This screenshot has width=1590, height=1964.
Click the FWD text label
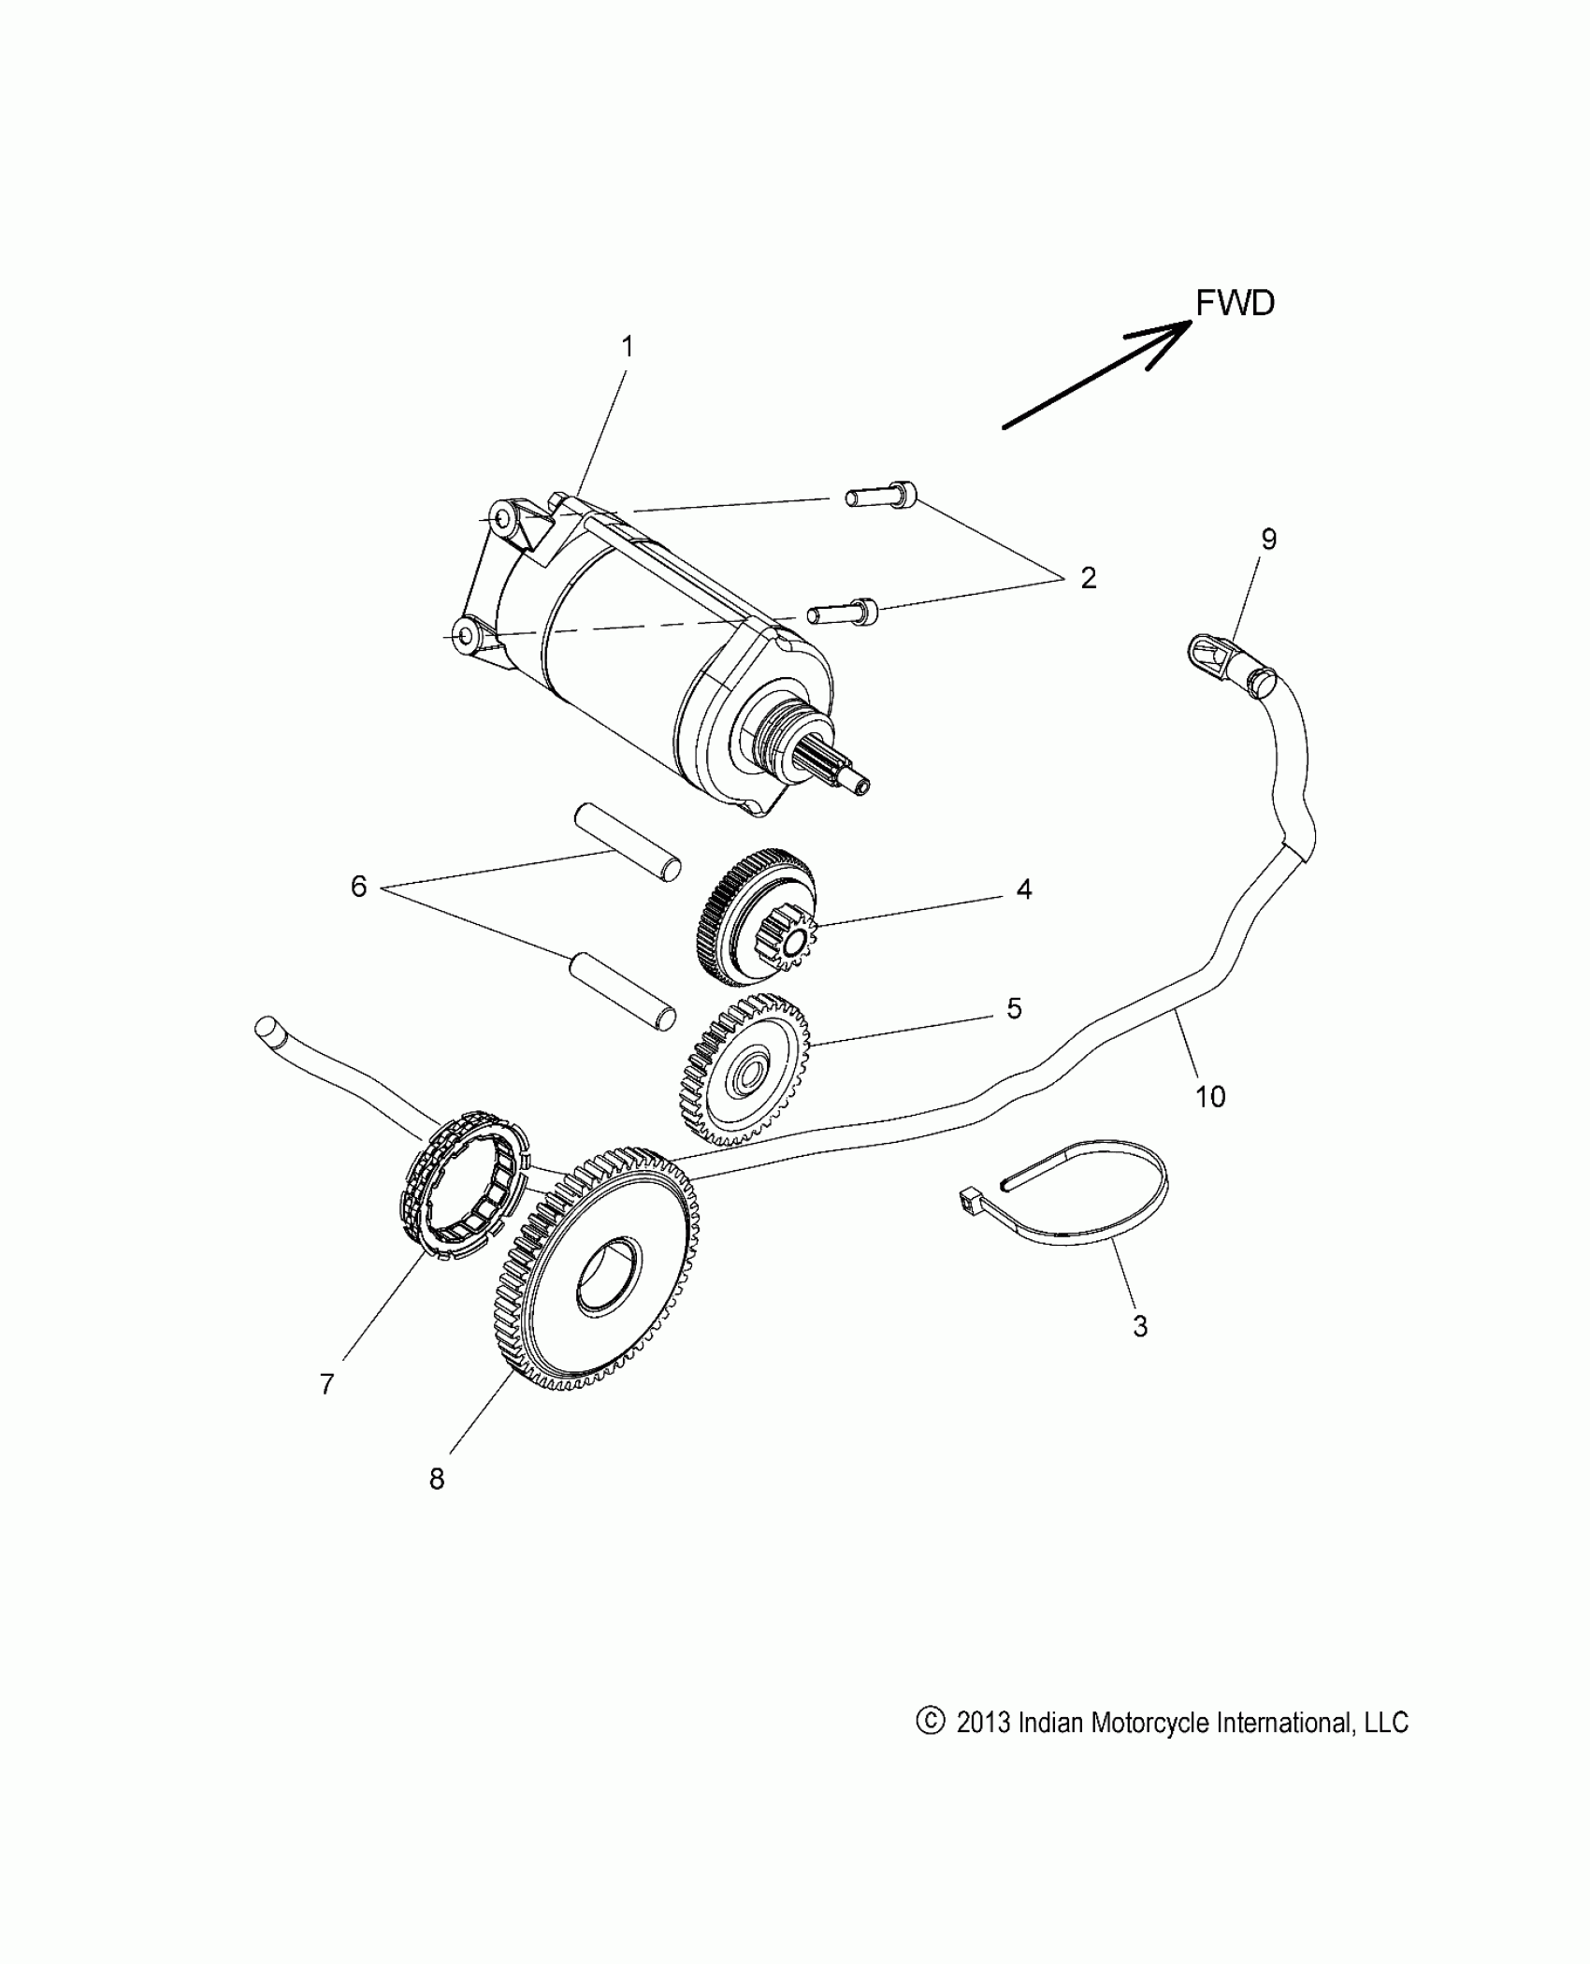pos(1235,303)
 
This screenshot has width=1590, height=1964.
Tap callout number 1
pos(628,347)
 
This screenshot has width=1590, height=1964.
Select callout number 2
pos(1088,578)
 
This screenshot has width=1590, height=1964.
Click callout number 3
pos(1139,1325)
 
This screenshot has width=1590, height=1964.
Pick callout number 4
pos(1024,888)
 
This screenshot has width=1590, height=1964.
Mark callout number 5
pos(1014,1008)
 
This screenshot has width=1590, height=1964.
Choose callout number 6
pos(358,887)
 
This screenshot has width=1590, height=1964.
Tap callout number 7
pos(326,1409)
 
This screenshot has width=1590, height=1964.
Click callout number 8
pos(437,1505)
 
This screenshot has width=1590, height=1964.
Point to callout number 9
pos(1268,539)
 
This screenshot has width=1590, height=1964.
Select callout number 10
pos(1210,1096)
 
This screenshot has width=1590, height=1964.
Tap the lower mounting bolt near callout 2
pos(844,611)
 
